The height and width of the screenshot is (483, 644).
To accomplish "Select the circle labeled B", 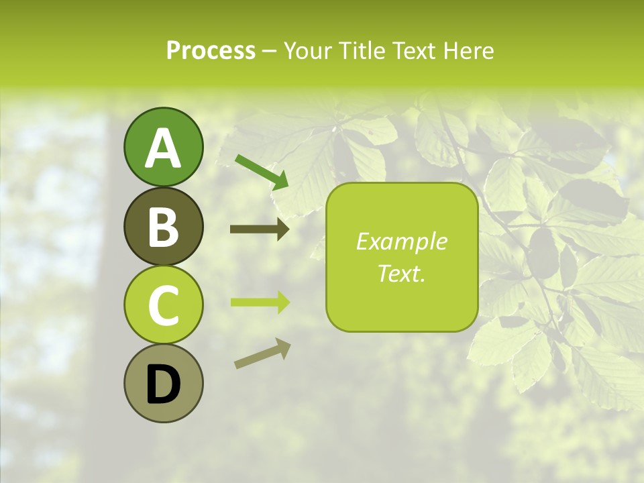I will point(163,226).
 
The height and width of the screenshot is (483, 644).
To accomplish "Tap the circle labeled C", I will point(163,305).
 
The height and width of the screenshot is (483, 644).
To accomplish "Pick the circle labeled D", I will point(163,384).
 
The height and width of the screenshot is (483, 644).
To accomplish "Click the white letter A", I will point(163,149).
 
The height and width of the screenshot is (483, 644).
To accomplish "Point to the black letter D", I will point(163,385).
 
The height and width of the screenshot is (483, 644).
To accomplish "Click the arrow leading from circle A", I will point(262,171).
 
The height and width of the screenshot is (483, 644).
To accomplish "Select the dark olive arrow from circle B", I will point(260,229).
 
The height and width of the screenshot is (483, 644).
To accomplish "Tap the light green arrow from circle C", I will point(260,302).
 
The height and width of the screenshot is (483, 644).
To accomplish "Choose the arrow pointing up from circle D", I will point(262,354).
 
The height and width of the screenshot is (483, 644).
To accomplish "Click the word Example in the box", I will point(402,241).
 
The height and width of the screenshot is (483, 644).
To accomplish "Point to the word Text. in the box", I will point(402,274).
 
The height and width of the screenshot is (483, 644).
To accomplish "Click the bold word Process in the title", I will point(211,50).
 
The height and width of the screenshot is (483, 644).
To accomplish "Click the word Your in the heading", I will point(306,50).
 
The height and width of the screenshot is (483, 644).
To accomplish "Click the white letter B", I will point(163,227).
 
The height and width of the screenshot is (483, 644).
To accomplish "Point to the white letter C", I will point(163,306).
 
